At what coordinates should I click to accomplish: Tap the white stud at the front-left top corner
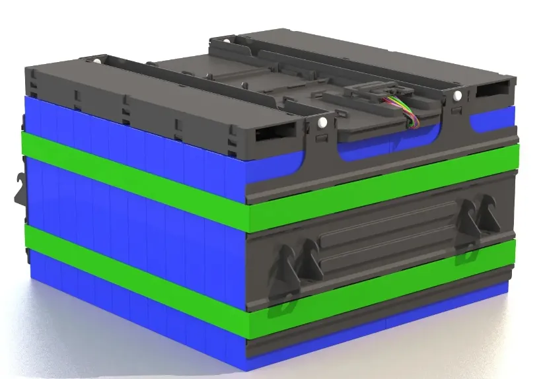(x=322, y=122)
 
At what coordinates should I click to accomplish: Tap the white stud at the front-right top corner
(x=456, y=96)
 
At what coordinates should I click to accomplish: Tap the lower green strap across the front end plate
(x=383, y=294)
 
